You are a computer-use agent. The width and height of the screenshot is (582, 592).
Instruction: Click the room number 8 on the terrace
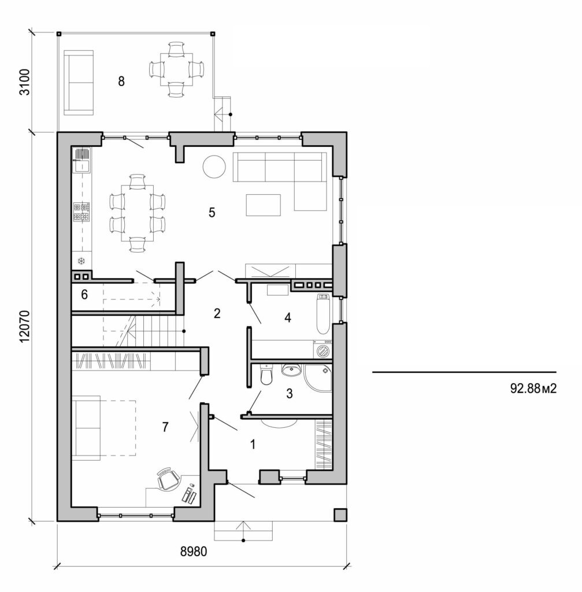[x=121, y=81]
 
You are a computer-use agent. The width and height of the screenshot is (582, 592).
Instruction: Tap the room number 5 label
[x=212, y=212]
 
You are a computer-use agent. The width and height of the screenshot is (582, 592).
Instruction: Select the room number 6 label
[x=84, y=295]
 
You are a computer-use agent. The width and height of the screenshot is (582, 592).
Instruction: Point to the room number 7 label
[x=165, y=427]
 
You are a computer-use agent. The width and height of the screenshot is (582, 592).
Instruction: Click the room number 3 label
[x=290, y=394]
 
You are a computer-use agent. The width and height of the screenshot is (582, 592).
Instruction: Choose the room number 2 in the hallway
[x=217, y=313]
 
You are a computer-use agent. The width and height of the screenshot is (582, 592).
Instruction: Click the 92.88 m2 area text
[x=533, y=388]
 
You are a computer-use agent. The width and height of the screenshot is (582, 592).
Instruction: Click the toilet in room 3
[x=266, y=376]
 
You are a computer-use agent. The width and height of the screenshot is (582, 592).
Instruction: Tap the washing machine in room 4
[x=323, y=350]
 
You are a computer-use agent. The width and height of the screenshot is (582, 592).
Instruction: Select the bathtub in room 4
[x=323, y=313]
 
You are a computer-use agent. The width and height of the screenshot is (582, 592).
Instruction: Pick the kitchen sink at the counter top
[x=81, y=159]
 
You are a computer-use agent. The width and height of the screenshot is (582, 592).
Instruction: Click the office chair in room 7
[x=167, y=479]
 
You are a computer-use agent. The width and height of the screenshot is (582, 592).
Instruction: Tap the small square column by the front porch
[x=340, y=515]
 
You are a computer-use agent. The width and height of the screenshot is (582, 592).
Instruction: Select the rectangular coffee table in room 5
[x=263, y=205]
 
